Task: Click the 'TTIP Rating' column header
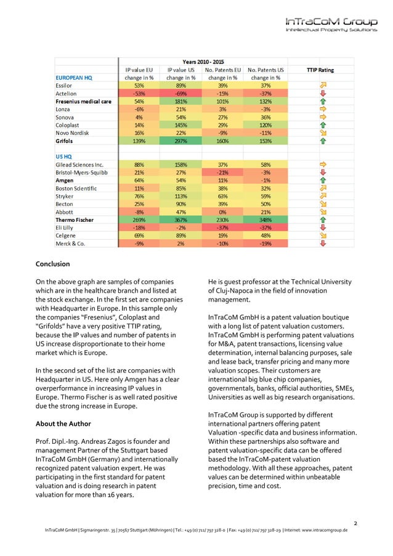[x=320, y=70]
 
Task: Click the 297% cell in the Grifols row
[x=181, y=141]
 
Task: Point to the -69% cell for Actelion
[x=181, y=94]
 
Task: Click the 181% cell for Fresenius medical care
[x=181, y=101]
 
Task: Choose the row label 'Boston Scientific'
[x=79, y=188]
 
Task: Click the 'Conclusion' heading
[x=53, y=264]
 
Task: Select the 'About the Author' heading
[x=63, y=423]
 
